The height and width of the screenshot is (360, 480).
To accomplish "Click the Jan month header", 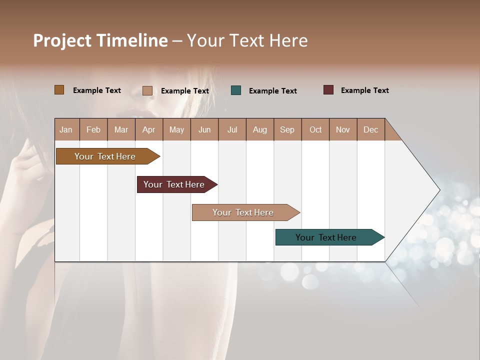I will pos(66,129).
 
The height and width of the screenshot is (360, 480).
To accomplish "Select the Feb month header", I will pos(93,129).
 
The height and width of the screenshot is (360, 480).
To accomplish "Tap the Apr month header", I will pos(148,129).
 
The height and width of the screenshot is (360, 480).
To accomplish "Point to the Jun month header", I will pos(204,129).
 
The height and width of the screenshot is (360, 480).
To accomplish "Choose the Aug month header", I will pos(259,129).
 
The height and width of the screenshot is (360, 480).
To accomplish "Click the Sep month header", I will pos(287,129).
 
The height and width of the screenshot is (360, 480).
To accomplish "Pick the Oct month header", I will pos(315,129).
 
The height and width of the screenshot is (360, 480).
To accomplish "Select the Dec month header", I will pos(370,129).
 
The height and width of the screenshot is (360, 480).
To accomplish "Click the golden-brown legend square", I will pos(59,90).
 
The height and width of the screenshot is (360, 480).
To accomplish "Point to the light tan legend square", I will pos(147,90).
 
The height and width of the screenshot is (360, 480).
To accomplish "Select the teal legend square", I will pos(236,90).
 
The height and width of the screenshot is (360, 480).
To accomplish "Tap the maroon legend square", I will pos(328,90).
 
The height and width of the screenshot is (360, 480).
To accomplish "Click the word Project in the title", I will pos(62,40).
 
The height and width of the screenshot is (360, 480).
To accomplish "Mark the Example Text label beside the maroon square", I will pos(364,90).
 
